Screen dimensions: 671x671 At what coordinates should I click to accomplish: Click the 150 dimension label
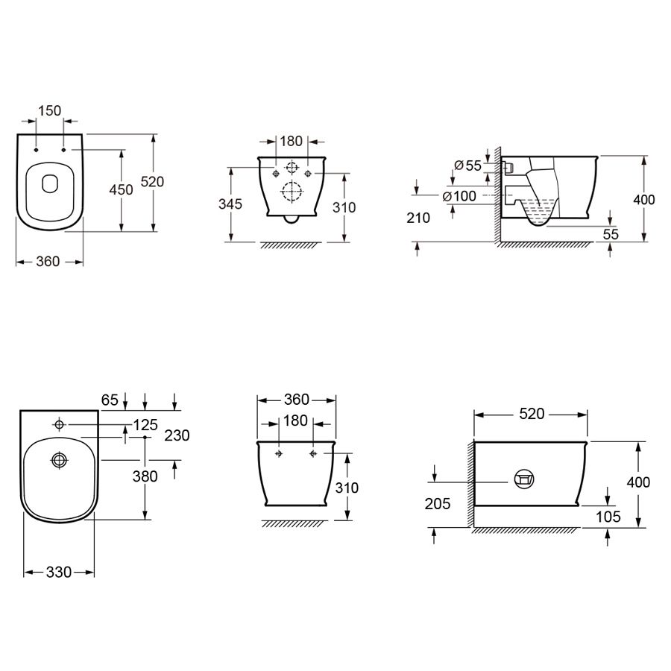(50, 111)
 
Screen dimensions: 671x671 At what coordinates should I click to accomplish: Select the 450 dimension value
(121, 189)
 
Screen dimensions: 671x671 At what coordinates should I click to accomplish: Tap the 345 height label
(230, 204)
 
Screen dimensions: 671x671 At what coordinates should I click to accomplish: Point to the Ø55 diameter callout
(467, 166)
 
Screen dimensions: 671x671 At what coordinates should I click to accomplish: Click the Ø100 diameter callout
(459, 196)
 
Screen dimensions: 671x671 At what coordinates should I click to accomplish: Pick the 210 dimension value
(418, 218)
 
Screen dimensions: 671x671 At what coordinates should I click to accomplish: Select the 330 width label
(59, 572)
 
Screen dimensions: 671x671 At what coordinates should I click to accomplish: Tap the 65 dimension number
(110, 400)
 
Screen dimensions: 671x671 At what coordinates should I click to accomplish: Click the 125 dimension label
(145, 425)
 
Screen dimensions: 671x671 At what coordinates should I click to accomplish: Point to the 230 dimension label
(177, 435)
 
